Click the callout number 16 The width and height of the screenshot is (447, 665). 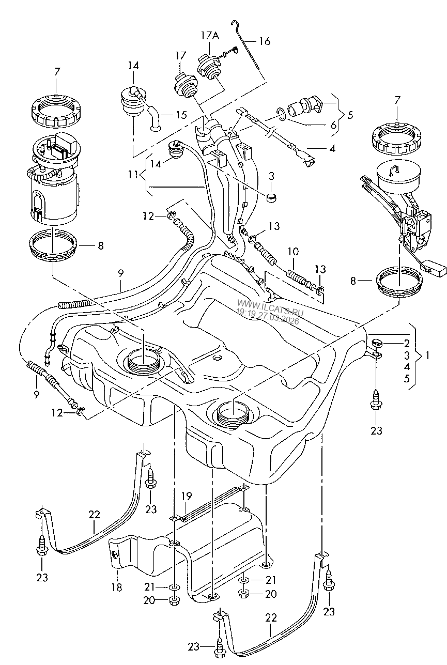[265, 41]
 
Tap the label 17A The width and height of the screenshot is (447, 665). [210, 36]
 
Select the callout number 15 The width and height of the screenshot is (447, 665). [181, 115]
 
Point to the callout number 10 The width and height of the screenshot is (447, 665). [293, 252]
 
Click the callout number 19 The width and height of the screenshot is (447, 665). [187, 496]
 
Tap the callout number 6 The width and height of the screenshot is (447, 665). [333, 125]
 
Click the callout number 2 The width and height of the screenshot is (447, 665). [407, 344]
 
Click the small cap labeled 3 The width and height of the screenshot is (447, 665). [272, 197]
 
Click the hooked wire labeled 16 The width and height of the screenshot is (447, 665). [249, 49]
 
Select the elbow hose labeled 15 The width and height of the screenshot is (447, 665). [154, 116]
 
